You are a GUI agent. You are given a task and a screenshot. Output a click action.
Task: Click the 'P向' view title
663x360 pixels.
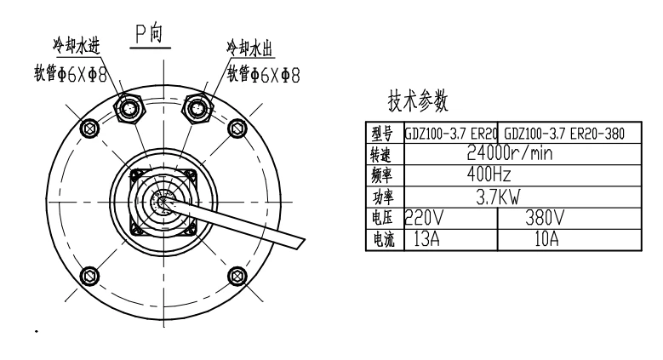pos(149,34)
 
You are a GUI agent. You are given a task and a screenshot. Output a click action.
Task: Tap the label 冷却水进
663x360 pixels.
pos(77,45)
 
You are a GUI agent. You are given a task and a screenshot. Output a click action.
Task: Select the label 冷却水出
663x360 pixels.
pos(250,48)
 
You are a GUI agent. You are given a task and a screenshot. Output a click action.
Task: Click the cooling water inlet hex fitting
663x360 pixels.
pos(130,109)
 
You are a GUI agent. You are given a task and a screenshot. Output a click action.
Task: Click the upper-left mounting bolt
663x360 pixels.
pos(89,128)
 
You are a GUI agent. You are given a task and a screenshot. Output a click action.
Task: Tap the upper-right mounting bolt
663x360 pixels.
pos(237,128)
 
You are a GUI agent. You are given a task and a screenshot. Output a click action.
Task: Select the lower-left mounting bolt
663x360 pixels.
pos(89,277)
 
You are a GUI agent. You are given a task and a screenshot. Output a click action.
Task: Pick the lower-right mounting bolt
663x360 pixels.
pos(237,277)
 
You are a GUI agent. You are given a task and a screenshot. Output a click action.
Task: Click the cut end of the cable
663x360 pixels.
pos(300,243)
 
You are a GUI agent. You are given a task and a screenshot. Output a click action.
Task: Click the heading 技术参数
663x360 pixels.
pos(418,100)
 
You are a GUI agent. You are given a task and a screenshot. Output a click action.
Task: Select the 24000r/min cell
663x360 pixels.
pos(510,152)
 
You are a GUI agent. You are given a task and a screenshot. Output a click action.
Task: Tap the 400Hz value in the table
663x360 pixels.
pos(489,174)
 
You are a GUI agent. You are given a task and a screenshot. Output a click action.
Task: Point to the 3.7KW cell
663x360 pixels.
pos(498,197)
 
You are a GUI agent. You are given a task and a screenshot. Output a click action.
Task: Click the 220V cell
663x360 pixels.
pos(424,218)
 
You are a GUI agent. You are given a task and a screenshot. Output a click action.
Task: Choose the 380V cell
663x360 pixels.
pos(545,218)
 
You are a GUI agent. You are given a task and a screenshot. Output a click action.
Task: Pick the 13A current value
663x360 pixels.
pos(426,239)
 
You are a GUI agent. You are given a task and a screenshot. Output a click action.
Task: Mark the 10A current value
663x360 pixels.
pos(546,239)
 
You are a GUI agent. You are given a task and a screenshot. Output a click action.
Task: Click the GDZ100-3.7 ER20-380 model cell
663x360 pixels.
pos(564,134)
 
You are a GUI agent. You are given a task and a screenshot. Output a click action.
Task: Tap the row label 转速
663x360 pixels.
pos(381,154)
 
